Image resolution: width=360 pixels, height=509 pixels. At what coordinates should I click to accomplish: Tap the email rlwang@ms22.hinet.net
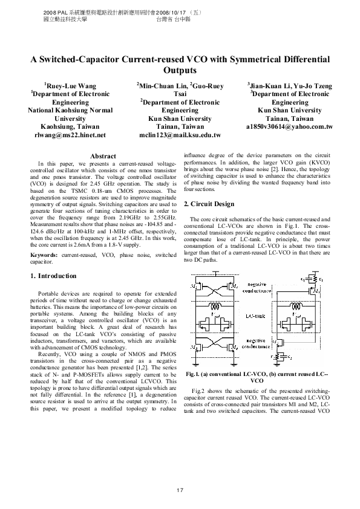pos(70,135)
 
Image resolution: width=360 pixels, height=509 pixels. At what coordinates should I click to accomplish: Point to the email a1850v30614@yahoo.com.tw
pos(290,127)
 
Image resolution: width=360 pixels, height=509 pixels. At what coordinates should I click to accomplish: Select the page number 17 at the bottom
pos(180,490)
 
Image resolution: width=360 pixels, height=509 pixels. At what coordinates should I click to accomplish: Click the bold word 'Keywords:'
pos(44,256)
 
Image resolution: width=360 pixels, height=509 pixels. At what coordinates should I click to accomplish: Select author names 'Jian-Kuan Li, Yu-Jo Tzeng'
pos(290,86)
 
